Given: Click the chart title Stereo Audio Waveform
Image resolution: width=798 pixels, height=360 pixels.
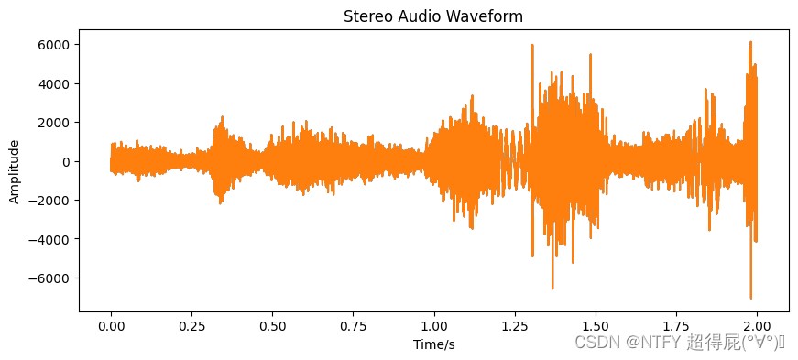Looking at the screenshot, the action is point(433,16).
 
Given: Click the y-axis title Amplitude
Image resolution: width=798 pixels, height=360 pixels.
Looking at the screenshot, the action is point(15,171).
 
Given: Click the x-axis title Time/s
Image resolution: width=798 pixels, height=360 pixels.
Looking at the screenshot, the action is point(433,344).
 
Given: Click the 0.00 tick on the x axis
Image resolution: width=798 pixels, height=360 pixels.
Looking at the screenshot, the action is point(111,325).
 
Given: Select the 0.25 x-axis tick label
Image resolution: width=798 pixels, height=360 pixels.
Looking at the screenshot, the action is point(191,325).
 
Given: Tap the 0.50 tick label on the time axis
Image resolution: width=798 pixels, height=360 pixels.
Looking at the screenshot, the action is point(272,325).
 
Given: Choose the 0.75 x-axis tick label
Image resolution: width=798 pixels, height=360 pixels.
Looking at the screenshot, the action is point(354,325).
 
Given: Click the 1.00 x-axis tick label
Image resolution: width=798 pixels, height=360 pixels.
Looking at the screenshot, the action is point(434,325).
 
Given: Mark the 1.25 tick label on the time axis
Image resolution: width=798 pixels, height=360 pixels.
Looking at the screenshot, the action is point(515,325).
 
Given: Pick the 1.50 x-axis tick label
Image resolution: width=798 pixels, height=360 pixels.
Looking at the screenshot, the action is point(596,325).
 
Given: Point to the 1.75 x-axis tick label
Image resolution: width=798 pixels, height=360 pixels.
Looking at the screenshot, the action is point(676,325).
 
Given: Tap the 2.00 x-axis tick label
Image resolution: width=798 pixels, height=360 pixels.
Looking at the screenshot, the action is point(758,325).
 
